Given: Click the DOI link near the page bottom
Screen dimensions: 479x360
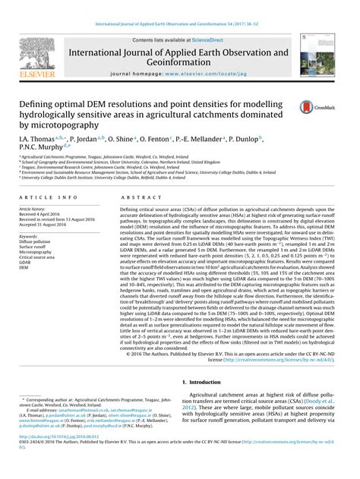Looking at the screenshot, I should tap(58, 459).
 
